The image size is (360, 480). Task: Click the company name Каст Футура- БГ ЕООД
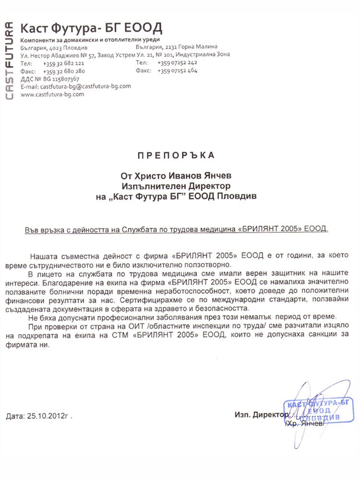coord(91,27)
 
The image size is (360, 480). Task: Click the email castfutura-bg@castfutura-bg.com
coord(86,86)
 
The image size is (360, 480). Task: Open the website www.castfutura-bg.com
coord(52,94)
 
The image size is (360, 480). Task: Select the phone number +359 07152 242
coord(177,63)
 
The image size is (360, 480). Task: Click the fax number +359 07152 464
coord(177,71)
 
